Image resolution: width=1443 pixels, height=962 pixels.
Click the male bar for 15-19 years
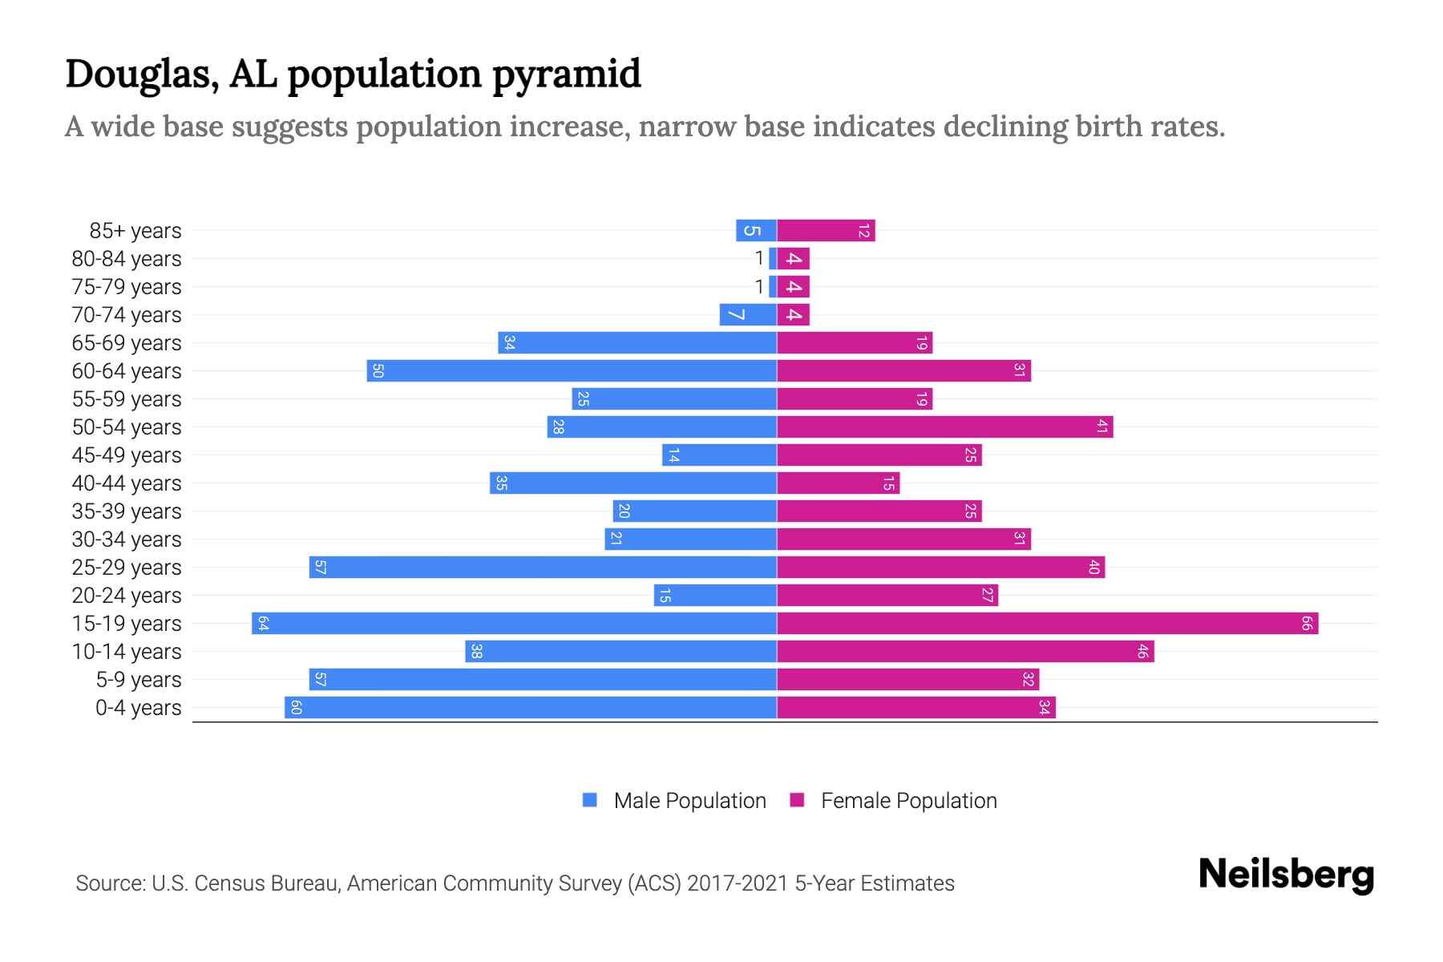514,623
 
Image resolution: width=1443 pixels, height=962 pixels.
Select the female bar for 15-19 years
1047,623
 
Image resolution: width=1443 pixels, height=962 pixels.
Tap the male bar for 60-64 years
572,370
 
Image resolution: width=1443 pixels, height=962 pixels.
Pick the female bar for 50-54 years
944,426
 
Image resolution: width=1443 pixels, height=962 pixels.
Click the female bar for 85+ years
826,230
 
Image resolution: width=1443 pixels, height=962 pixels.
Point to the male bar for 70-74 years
748,314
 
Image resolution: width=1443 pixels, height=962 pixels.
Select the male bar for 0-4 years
531,707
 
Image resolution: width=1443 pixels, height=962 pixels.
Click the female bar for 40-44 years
838,483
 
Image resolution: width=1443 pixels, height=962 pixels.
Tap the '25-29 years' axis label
127,568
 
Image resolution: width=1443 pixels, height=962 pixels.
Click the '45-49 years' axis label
127,455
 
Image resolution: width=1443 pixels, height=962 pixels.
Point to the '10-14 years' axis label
127,652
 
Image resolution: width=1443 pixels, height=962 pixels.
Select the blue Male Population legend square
590,800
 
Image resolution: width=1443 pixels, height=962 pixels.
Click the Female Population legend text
908,800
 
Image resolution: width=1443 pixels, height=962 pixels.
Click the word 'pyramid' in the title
566,74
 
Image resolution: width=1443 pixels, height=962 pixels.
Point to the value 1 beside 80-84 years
759,258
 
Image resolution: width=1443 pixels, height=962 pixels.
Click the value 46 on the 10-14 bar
1142,652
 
